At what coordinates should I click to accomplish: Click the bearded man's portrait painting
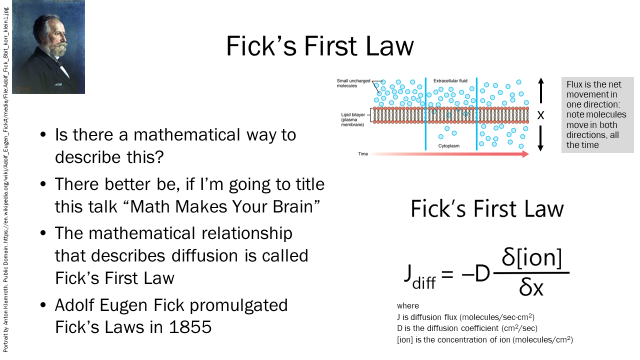click(x=48, y=47)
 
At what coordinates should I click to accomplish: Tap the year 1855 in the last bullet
click(x=190, y=327)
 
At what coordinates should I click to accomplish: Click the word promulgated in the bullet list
click(x=238, y=305)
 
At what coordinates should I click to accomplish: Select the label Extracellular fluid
click(x=450, y=81)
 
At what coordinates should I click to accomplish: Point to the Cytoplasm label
click(x=449, y=146)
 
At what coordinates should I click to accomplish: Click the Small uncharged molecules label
click(x=353, y=83)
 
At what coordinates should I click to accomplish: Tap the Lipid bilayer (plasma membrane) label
click(x=353, y=119)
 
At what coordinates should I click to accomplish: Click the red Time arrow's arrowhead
click(x=525, y=154)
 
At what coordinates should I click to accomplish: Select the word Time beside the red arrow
click(x=363, y=154)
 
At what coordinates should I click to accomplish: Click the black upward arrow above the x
click(x=541, y=90)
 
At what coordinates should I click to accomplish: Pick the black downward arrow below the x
click(x=540, y=138)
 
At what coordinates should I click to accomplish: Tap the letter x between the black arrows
click(x=540, y=115)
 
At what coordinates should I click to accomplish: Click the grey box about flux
click(x=597, y=115)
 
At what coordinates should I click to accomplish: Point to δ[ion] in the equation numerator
click(x=531, y=257)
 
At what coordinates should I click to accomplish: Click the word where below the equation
click(x=407, y=305)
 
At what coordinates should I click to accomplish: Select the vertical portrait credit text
click(x=5, y=180)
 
